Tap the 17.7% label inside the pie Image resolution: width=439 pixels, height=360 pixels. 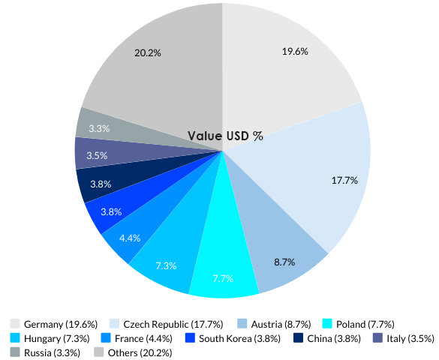click(x=344, y=180)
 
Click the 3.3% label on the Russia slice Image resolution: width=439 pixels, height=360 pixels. click(x=99, y=129)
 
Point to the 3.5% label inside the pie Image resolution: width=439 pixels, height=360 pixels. click(x=97, y=155)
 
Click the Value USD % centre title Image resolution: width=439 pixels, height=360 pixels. click(x=225, y=136)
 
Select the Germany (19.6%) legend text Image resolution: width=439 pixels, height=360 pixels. click(x=61, y=324)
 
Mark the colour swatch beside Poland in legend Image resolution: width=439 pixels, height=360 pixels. click(x=327, y=324)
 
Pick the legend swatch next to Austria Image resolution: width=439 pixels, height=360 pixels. click(x=243, y=324)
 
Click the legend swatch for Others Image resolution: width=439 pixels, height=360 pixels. click(x=99, y=352)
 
